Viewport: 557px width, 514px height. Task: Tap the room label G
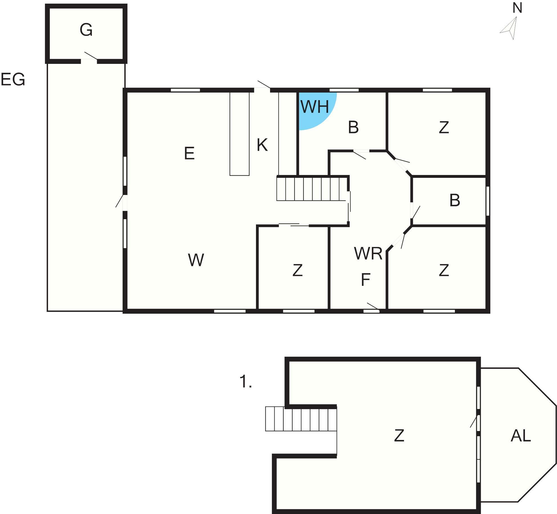click(86, 30)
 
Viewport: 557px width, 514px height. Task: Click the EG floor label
click(13, 79)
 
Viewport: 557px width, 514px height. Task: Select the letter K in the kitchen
click(262, 145)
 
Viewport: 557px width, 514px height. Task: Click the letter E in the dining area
click(189, 154)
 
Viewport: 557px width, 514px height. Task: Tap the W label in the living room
click(196, 260)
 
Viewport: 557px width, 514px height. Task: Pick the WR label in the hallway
click(368, 253)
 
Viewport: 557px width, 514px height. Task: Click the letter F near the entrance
click(365, 280)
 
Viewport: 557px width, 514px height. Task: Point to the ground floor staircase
click(312, 188)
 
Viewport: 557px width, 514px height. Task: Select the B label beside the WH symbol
click(353, 127)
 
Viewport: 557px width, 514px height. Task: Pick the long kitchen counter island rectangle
click(240, 134)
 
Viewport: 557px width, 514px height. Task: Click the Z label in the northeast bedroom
click(444, 127)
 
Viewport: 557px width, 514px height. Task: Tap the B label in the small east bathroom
click(455, 201)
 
